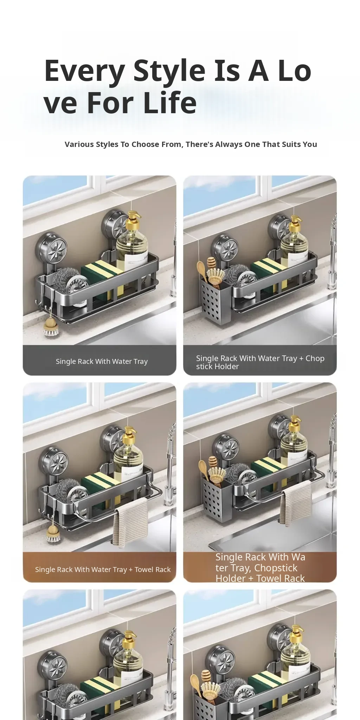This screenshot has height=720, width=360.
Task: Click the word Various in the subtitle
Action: pos(79,144)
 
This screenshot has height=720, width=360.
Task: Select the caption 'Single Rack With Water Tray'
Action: pos(102,361)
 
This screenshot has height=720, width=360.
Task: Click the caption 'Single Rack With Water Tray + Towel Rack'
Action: pos(103,569)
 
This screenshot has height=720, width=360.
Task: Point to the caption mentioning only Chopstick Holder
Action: pos(260,362)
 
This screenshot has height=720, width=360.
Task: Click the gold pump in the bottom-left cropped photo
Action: pos(129,638)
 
